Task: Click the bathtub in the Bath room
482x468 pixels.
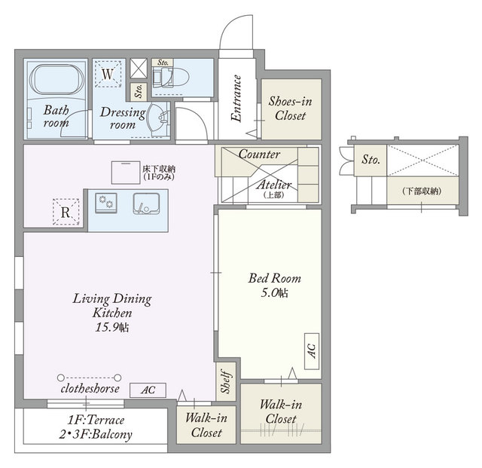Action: click(x=56, y=80)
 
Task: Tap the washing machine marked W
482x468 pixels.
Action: click(x=108, y=74)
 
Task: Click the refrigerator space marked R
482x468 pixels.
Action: click(x=66, y=212)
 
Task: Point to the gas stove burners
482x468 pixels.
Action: click(x=106, y=203)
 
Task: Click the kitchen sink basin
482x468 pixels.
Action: click(x=146, y=203)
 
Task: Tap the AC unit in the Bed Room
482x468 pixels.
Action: click(x=312, y=351)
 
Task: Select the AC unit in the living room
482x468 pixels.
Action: click(x=148, y=390)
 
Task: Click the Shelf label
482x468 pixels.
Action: click(x=226, y=381)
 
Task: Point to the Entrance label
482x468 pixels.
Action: click(x=236, y=99)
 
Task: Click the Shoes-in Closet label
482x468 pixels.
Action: click(x=291, y=109)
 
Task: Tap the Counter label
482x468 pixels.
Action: click(x=259, y=154)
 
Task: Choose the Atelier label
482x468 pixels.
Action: click(x=274, y=185)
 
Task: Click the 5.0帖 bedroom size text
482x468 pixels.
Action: click(x=274, y=292)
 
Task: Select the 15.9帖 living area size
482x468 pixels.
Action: click(x=112, y=327)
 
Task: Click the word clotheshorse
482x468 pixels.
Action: click(x=90, y=389)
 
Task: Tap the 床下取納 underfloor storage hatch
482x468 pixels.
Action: click(x=126, y=173)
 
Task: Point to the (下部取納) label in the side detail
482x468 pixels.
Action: click(x=422, y=191)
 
